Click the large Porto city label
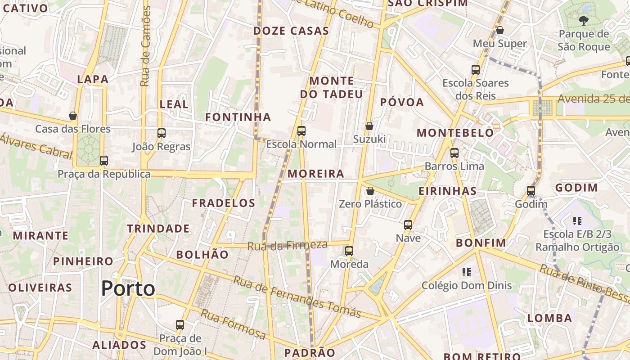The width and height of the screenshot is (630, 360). coord(128,288)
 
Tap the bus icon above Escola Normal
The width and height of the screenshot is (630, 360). coord(301,131)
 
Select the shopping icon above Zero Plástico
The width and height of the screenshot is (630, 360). coord(370,191)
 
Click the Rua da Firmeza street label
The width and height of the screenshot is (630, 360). coord(288,245)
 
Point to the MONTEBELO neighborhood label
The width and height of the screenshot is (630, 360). coord(455,133)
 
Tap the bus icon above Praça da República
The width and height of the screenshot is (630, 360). coord(104,160)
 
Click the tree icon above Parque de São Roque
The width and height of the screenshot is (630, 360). coord(583,20)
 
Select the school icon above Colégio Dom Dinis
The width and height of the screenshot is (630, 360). coord(467,272)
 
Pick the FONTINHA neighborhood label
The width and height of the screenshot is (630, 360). coord(238,117)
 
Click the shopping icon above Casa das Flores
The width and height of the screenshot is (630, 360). coord(73,116)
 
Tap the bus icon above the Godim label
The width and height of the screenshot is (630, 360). coord(531,191)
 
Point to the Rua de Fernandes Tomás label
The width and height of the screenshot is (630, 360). coord(297,297)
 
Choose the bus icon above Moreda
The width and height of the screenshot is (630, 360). coord(349,251)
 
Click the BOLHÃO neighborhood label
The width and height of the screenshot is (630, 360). coord(202,254)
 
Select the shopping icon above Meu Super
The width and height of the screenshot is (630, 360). coord(499,30)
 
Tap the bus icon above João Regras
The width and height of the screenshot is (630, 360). coord(162,133)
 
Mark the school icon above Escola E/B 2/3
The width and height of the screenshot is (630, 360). coord(577,220)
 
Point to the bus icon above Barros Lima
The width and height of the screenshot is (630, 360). coord(454,153)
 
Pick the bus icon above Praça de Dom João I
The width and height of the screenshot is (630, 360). coord(180,324)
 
